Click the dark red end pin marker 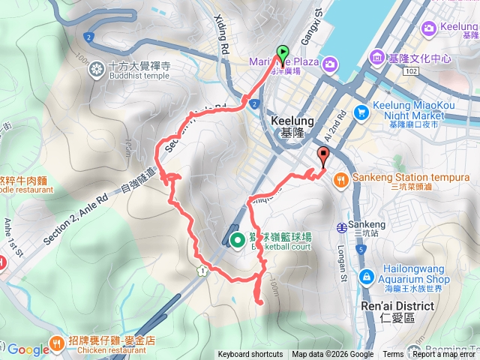(324, 156)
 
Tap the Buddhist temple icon (97, 70)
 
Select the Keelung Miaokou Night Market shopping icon (361, 112)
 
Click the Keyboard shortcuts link (250, 355)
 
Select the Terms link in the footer (393, 355)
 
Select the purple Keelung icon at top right (429, 28)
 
